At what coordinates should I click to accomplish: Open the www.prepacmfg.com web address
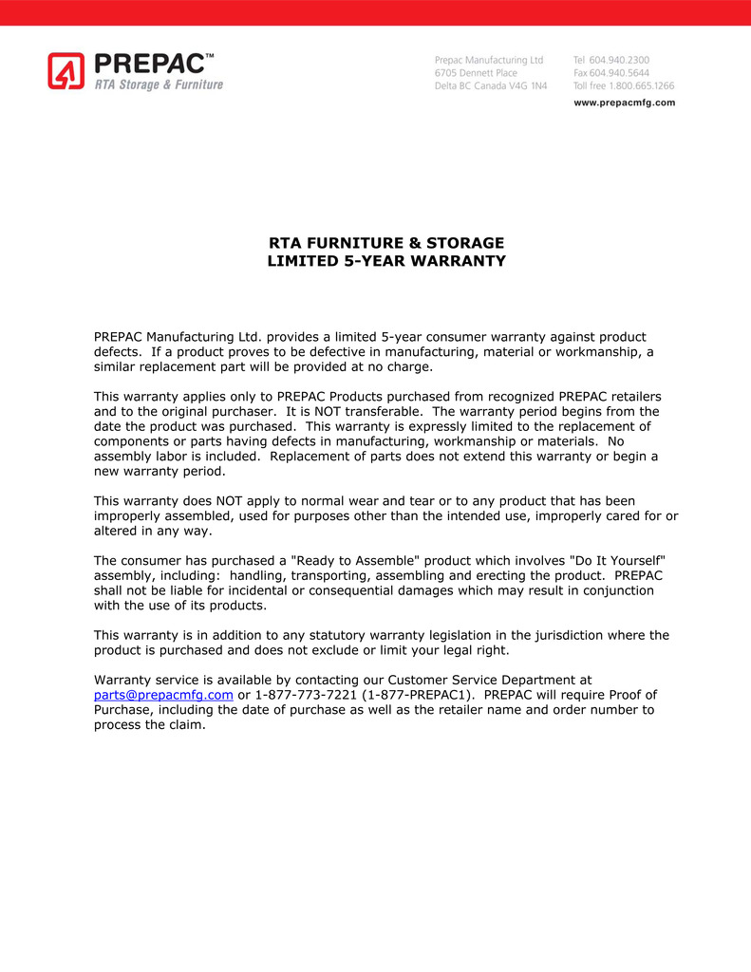(x=625, y=103)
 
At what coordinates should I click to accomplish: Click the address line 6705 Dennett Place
(x=476, y=72)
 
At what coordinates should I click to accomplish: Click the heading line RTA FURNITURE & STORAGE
(x=385, y=243)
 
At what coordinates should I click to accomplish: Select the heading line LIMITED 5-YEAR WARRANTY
(x=385, y=260)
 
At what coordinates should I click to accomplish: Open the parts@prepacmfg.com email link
(x=163, y=695)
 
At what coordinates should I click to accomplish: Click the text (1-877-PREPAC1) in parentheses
(x=413, y=695)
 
